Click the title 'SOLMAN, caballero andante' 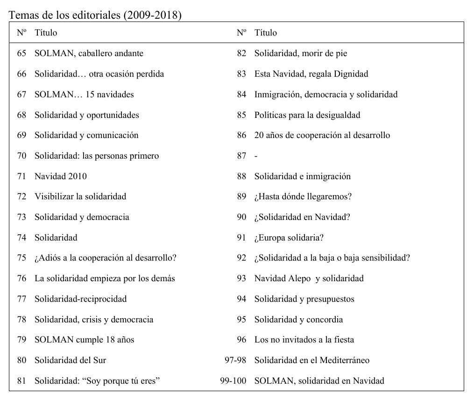point(89,53)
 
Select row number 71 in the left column point(21,176)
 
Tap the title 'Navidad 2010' point(61,176)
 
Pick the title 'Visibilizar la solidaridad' point(80,197)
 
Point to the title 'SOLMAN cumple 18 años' point(84,340)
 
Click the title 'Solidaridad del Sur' point(71,360)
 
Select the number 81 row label point(21,381)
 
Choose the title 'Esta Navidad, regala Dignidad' point(311,74)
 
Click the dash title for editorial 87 point(256,156)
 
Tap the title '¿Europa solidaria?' point(289,238)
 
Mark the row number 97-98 point(235,360)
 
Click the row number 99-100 point(233,381)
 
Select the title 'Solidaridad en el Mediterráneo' point(312,360)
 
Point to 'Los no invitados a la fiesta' point(304,340)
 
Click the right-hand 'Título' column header point(265,33)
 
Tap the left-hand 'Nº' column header point(21,33)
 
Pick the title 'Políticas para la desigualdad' point(307,115)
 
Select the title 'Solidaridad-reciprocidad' point(80,299)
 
